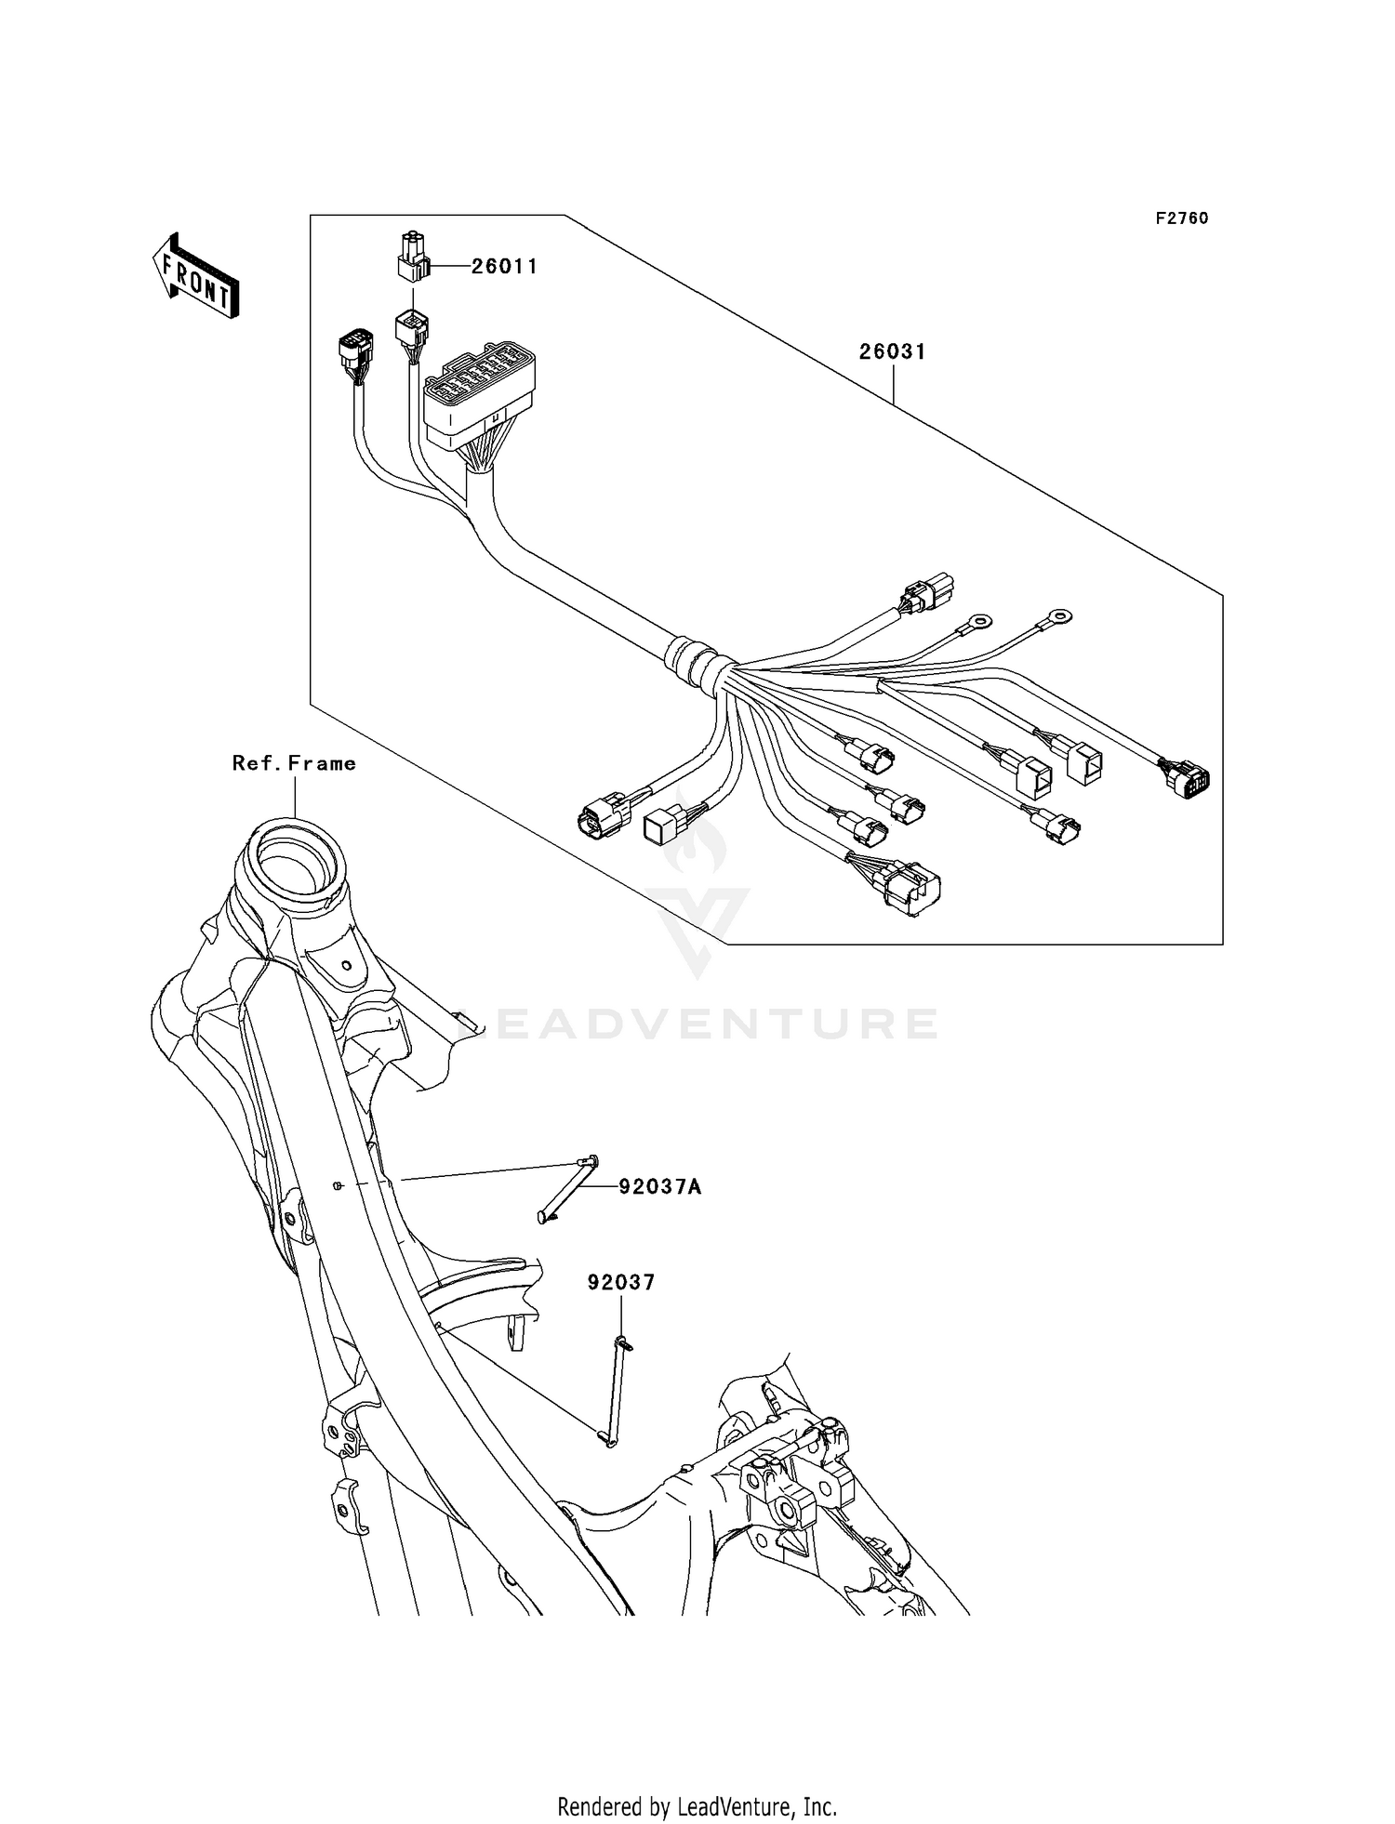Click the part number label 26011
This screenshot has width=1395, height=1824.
(504, 267)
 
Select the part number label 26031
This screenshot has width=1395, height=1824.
(892, 352)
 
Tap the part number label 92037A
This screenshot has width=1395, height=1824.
(660, 1187)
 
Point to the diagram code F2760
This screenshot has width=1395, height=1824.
(1182, 218)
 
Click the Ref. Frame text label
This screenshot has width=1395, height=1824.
(294, 763)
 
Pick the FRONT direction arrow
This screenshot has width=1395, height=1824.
(196, 277)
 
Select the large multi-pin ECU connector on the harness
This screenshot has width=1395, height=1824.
(480, 396)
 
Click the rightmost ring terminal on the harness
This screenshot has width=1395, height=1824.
(1057, 615)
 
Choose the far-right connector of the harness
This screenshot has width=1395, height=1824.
(1186, 778)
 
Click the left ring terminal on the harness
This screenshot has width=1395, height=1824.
(978, 621)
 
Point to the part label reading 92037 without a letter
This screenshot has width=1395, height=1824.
(620, 1282)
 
